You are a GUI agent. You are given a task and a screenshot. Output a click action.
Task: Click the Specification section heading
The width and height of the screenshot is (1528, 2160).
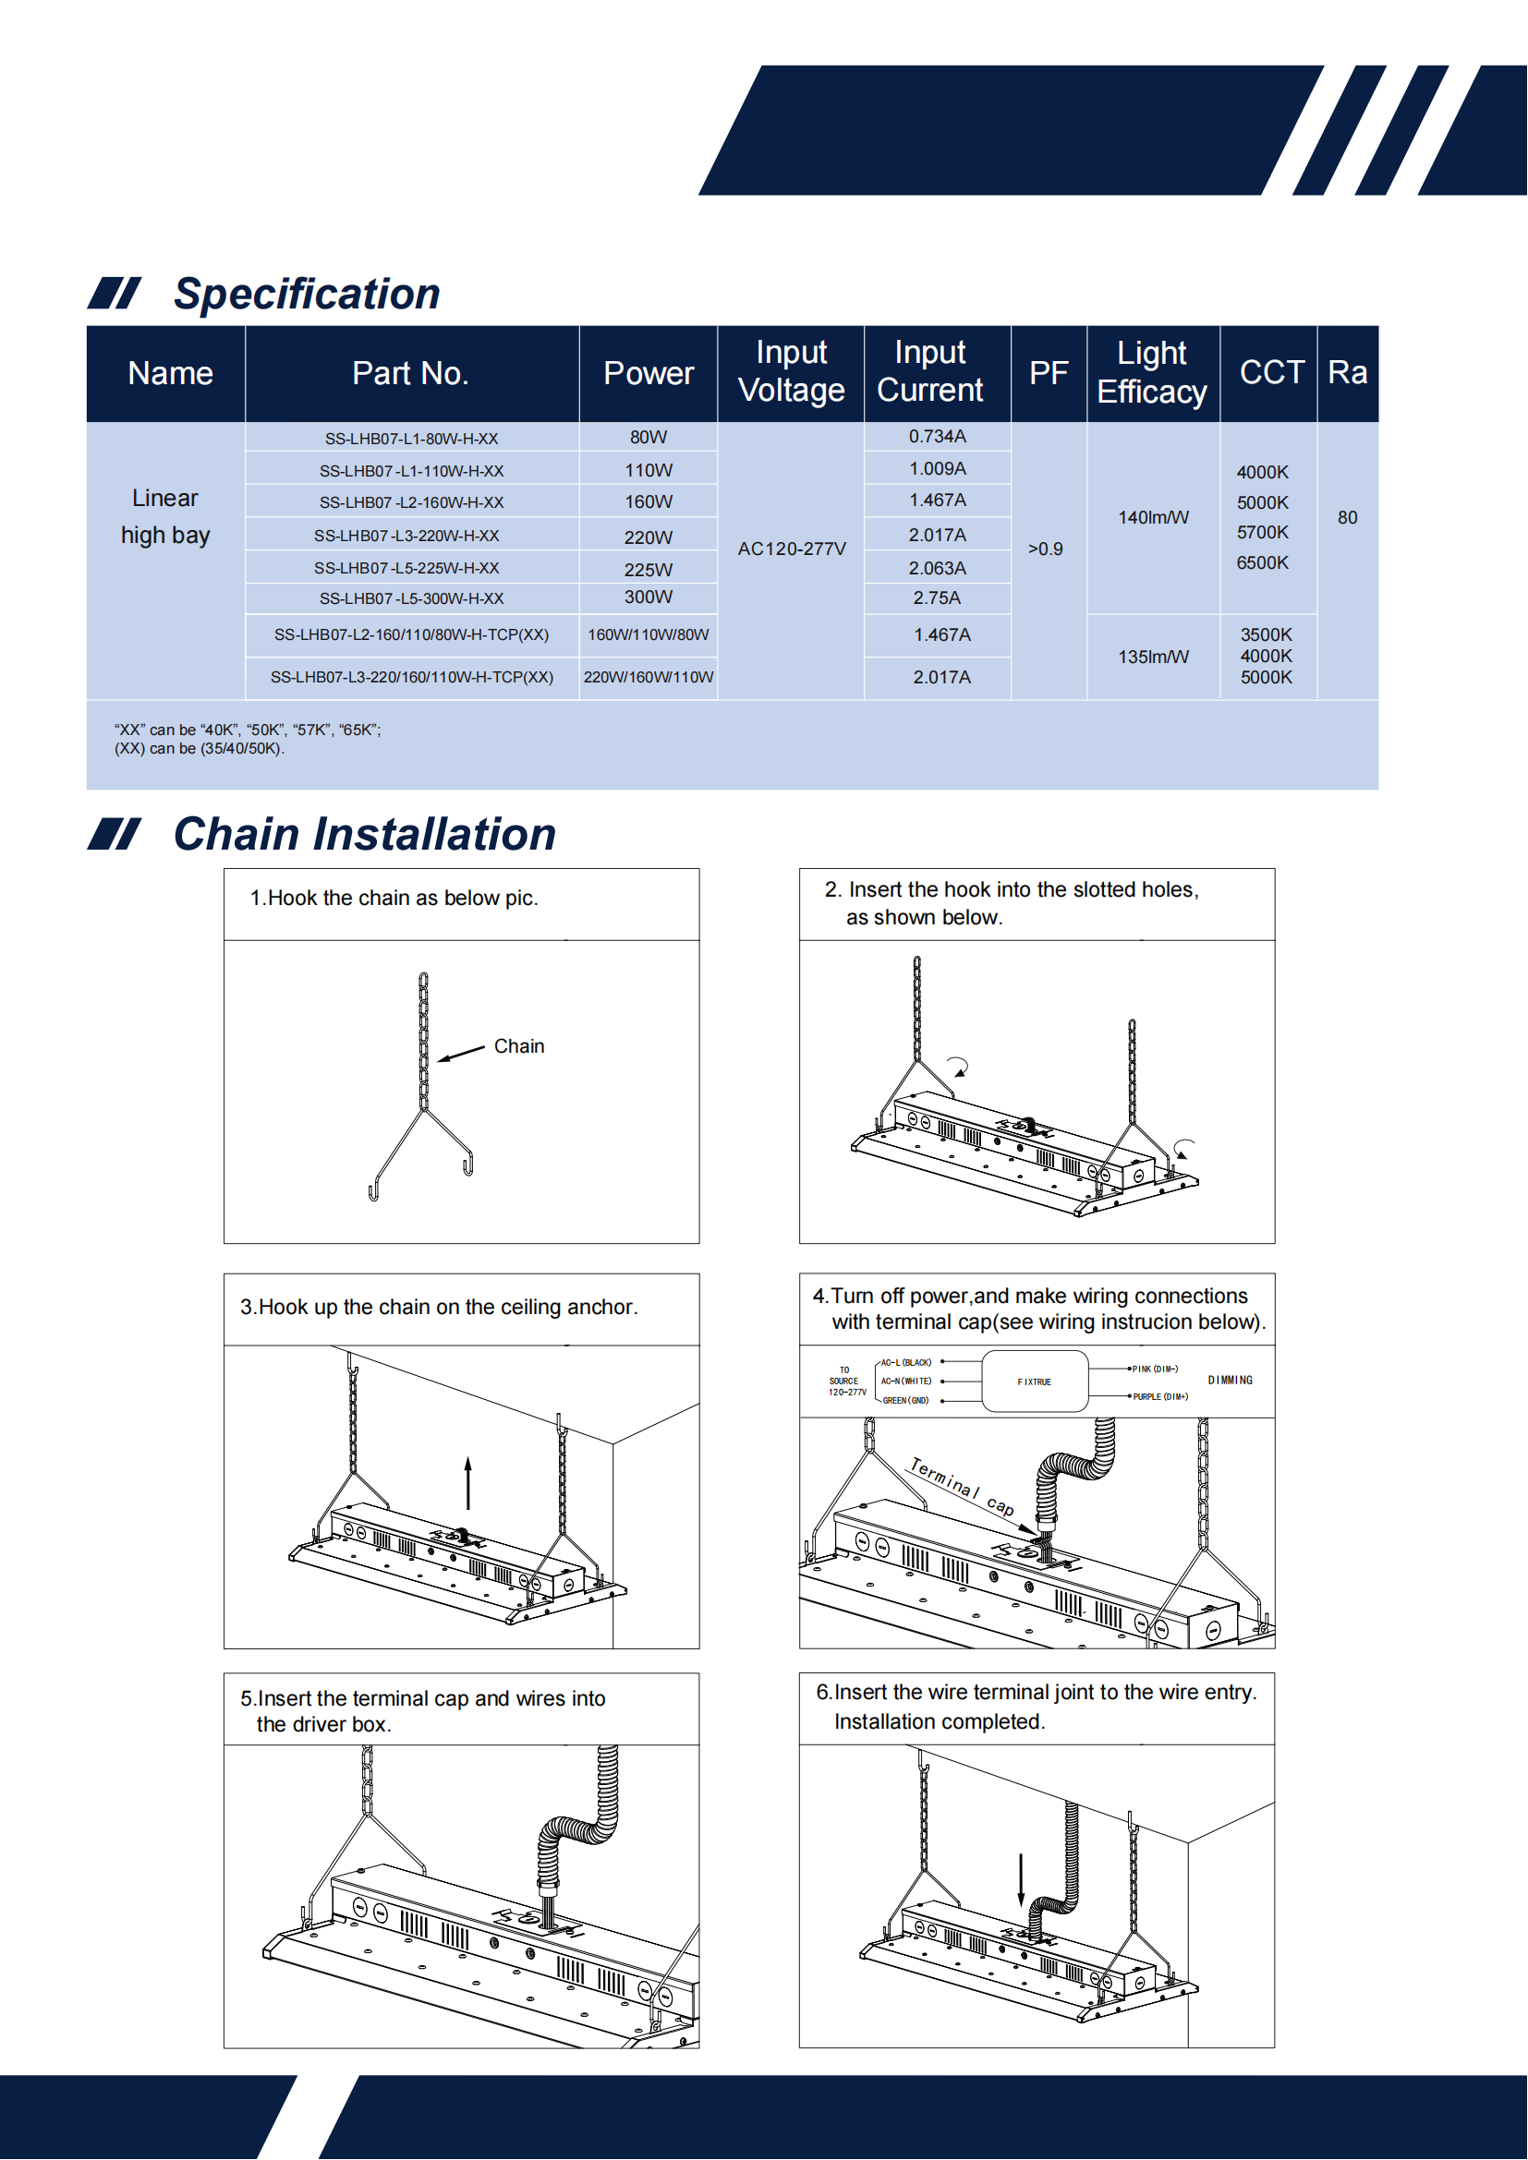[307, 295]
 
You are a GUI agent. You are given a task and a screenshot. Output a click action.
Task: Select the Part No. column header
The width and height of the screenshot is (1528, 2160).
[410, 373]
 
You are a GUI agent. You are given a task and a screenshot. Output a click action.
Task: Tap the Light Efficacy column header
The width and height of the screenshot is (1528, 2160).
[1152, 372]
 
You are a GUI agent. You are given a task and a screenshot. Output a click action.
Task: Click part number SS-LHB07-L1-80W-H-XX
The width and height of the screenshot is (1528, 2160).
[411, 439]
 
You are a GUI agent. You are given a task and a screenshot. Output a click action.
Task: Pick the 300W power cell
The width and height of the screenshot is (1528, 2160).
[649, 597]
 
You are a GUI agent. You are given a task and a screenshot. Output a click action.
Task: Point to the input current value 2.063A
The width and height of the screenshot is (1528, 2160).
[937, 568]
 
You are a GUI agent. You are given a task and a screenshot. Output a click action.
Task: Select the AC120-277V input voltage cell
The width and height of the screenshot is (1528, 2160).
[792, 549]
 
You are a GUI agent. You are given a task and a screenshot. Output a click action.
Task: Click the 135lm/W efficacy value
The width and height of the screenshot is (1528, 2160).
[1153, 657]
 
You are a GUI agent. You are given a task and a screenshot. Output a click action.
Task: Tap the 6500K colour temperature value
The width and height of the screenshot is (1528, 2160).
[1262, 562]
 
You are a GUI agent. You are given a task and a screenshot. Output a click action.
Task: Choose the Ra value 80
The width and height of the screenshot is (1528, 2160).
[1347, 517]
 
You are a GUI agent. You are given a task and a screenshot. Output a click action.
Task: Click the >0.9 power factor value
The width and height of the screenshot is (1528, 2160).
[1046, 549]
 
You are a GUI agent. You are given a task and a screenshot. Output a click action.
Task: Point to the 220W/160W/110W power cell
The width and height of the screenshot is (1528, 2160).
[649, 677]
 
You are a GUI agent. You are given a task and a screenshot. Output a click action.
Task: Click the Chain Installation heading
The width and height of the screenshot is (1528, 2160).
[364, 835]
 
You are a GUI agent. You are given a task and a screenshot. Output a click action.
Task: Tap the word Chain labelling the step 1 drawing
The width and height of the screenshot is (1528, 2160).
[518, 1046]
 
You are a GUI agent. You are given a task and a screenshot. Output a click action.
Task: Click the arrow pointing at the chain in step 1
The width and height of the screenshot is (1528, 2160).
[461, 1054]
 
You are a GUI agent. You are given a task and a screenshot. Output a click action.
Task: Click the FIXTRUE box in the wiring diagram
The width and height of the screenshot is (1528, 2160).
[1034, 1382]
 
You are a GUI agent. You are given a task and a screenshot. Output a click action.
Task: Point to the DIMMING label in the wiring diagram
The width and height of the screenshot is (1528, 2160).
[1230, 1380]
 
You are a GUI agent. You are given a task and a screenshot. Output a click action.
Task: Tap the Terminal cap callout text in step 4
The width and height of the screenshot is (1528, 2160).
[962, 1487]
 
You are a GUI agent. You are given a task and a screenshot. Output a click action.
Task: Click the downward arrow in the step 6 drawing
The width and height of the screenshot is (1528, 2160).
[1021, 1878]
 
